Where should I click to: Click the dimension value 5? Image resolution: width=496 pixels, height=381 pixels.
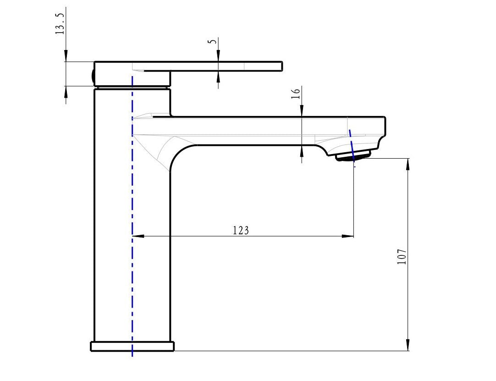(212, 41)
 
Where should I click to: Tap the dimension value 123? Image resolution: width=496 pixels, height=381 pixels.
(241, 230)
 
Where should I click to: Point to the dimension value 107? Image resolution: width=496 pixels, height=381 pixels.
(402, 257)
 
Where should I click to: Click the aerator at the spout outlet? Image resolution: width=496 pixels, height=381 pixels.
(353, 157)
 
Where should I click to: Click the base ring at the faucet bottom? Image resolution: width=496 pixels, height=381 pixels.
(132, 346)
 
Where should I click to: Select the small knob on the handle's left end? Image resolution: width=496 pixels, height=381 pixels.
(94, 74)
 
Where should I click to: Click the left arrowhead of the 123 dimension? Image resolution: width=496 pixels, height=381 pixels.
(138, 236)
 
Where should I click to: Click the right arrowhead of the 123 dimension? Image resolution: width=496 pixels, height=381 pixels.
(348, 236)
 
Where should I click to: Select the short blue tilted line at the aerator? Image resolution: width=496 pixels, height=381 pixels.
(352, 144)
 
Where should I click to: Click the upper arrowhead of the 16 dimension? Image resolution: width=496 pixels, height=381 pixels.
(302, 111)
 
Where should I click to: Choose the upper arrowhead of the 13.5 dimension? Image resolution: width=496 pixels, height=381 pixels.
(66, 56)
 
